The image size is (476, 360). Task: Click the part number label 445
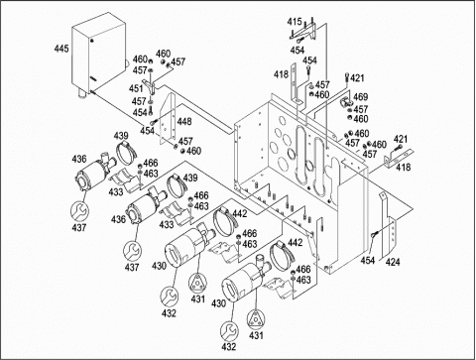click(61, 49)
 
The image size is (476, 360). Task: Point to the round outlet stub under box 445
click(82, 93)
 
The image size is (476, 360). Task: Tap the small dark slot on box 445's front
click(93, 78)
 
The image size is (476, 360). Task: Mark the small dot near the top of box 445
click(92, 41)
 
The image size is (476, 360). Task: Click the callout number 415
click(295, 22)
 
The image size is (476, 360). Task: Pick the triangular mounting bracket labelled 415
click(304, 32)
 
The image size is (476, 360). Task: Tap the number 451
click(136, 88)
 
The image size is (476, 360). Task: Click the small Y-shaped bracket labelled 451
click(151, 85)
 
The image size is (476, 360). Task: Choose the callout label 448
click(184, 122)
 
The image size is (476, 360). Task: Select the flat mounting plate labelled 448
click(168, 118)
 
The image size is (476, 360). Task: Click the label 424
click(393, 263)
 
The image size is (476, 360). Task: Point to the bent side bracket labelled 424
click(388, 225)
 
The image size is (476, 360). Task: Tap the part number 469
click(360, 97)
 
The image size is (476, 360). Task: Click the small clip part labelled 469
click(346, 103)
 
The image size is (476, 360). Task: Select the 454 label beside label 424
click(368, 261)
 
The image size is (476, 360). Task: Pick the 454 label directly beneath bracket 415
click(297, 51)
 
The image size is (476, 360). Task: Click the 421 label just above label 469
click(357, 78)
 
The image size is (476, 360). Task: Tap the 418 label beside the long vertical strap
click(281, 74)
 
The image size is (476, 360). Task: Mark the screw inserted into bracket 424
click(374, 234)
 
